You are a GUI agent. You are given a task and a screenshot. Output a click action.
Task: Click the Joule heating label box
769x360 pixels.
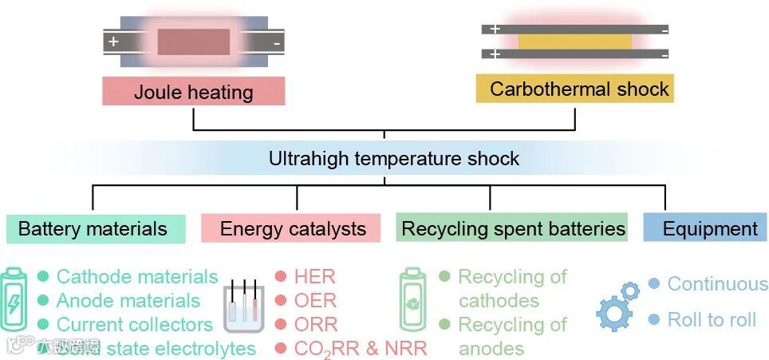click(x=193, y=91)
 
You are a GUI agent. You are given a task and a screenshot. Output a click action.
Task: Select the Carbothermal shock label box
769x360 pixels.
click(x=575, y=88)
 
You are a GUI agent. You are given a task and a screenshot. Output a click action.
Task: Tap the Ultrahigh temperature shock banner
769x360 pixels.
click(x=393, y=158)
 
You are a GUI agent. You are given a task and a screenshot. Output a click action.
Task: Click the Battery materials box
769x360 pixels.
click(x=94, y=229)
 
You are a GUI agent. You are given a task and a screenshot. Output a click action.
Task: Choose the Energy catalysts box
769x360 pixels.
click(x=293, y=229)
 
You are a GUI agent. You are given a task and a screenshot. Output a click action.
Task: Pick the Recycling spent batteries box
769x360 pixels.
click(x=513, y=228)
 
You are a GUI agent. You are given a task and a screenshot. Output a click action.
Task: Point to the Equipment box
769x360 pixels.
click(x=709, y=229)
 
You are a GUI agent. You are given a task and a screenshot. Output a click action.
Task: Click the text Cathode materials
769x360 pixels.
click(x=136, y=277)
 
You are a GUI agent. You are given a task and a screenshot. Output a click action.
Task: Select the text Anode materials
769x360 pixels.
click(x=128, y=301)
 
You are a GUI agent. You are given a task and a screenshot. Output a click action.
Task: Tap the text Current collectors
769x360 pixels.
click(x=134, y=325)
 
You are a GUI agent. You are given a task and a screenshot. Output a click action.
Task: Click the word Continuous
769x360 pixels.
click(x=717, y=284)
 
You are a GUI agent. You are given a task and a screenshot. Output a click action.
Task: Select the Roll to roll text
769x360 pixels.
click(x=712, y=320)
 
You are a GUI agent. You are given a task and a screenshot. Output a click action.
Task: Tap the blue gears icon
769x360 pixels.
click(x=617, y=306)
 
